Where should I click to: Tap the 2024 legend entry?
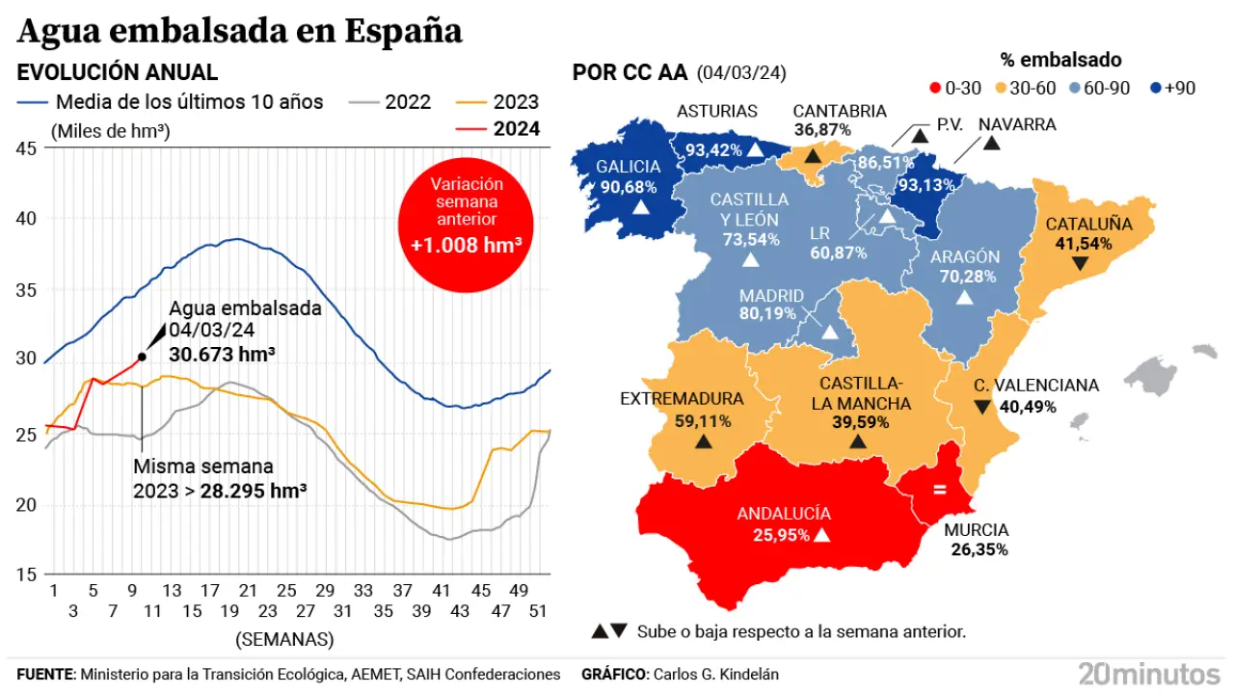tap(516, 129)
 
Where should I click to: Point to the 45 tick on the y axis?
tap(26, 148)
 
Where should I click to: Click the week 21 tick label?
tap(248, 591)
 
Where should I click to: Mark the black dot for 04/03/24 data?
tap(142, 357)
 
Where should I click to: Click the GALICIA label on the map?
tap(628, 167)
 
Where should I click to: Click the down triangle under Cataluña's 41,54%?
tap(1080, 263)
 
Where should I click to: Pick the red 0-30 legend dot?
tap(933, 89)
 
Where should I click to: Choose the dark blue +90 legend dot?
tap(1155, 89)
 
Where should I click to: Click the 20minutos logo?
tap(1149, 672)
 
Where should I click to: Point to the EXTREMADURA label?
tap(682, 399)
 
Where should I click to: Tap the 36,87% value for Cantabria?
tap(822, 129)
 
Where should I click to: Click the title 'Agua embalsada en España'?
tap(240, 31)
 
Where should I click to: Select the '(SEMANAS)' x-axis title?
tap(284, 638)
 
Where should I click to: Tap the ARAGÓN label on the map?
tap(965, 257)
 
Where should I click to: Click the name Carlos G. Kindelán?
tap(715, 675)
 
